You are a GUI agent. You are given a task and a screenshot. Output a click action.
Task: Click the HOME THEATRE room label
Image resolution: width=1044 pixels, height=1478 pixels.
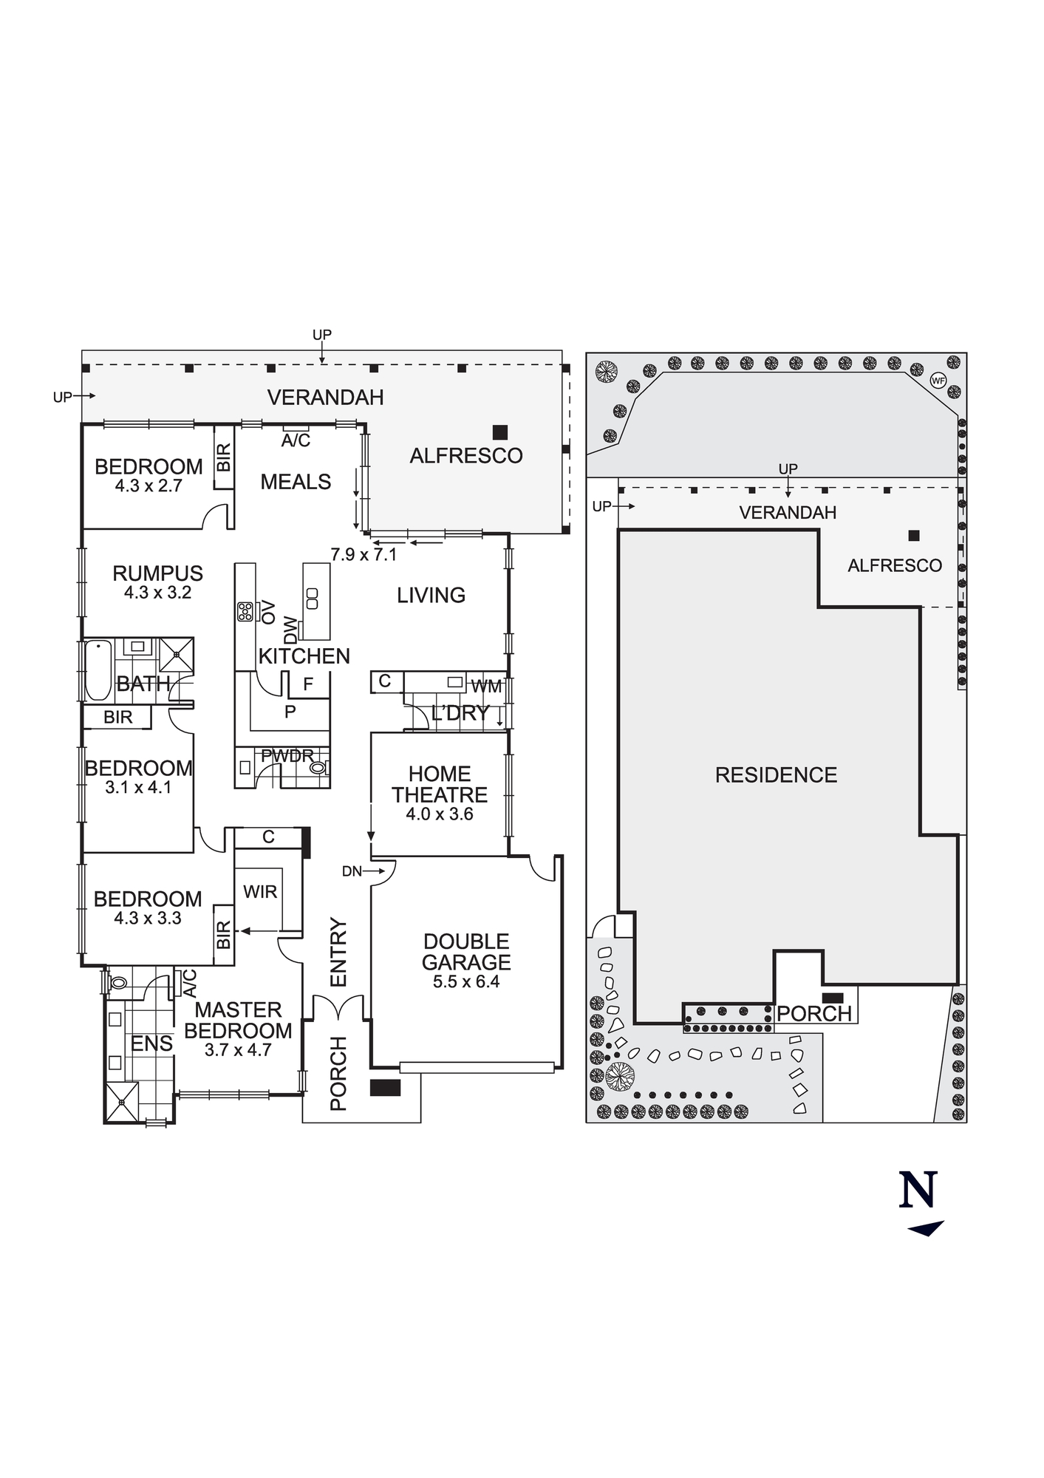440,784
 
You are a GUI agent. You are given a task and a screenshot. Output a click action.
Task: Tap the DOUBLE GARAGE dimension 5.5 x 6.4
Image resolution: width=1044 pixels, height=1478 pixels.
466,982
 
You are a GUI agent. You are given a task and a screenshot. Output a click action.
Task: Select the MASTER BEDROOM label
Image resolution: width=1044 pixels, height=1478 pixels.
238,1021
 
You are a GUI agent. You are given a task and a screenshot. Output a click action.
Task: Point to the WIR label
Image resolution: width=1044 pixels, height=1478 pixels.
260,892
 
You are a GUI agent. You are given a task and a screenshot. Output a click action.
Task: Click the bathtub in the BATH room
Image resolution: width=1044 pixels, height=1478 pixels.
98,670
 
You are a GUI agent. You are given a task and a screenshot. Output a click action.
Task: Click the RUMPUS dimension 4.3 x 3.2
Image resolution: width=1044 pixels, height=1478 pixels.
157,593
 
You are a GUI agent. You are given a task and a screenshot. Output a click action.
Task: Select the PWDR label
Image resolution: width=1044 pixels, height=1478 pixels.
287,756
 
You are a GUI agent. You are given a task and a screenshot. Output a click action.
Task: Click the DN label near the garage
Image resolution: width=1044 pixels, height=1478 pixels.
352,871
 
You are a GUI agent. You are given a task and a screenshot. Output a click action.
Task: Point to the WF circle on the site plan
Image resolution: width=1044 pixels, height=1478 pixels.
938,381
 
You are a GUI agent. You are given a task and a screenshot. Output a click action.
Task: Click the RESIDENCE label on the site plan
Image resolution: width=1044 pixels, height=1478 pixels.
776,774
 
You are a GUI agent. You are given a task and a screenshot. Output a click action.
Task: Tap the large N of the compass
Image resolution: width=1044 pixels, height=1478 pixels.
918,1190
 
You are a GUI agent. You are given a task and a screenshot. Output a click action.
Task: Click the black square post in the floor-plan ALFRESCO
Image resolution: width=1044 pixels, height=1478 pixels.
501,432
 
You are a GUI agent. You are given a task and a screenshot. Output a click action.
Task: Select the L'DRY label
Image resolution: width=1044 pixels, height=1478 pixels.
460,713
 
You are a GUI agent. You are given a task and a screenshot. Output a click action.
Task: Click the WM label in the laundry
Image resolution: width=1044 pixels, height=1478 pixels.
486,687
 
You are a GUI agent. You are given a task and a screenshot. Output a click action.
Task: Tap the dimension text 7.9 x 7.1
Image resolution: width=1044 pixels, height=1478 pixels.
364,554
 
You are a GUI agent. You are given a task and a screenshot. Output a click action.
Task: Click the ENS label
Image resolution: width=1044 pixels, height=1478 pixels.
151,1044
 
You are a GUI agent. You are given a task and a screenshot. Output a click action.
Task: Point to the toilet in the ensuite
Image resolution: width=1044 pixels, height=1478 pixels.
117,984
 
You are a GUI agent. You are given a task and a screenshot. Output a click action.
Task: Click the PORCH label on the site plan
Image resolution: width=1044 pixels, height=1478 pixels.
814,1014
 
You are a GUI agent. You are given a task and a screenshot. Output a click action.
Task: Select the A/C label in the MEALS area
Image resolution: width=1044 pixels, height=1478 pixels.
296,441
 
